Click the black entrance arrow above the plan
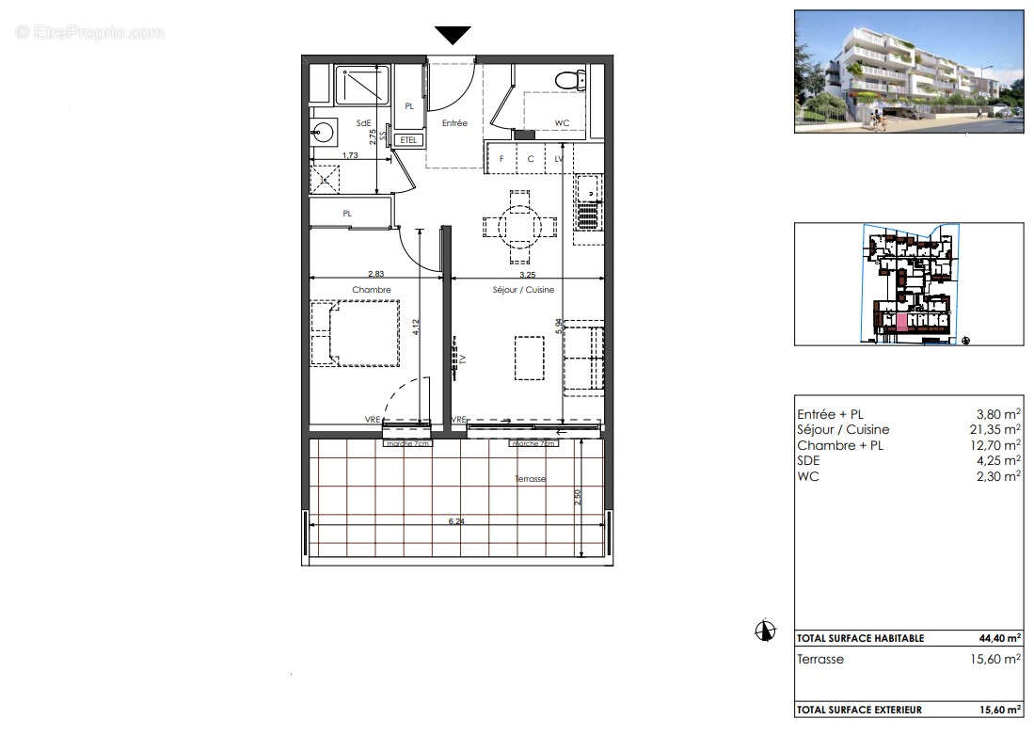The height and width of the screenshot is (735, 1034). click(453, 35)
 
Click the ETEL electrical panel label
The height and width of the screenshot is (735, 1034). click(408, 140)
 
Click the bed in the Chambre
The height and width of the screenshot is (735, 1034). click(355, 332)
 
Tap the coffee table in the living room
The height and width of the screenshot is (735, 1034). click(529, 358)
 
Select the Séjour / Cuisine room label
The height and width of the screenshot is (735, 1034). click(523, 290)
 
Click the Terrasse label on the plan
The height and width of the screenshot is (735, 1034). click(530, 479)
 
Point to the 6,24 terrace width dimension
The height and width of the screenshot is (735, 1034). click(456, 520)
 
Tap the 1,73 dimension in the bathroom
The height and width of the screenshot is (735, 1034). click(349, 154)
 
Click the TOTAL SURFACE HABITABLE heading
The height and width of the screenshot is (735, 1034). click(860, 638)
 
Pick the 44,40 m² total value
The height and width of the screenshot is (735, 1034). click(999, 638)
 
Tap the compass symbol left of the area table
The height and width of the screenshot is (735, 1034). click(766, 631)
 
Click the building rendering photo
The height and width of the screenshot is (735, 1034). click(908, 71)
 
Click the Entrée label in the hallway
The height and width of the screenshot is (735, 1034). click(454, 123)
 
